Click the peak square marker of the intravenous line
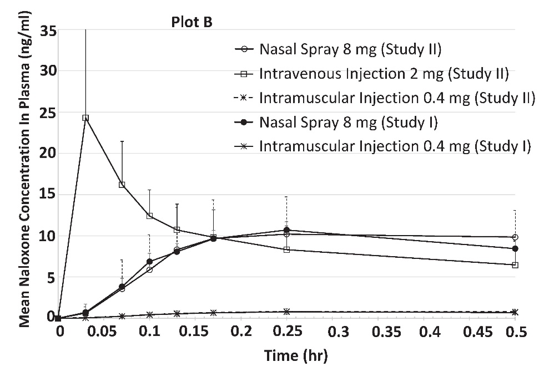[x=85, y=118]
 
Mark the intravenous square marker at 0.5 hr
[x=515, y=265]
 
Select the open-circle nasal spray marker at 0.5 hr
[x=515, y=237]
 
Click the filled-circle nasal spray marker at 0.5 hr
[x=515, y=248]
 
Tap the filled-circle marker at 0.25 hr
[x=286, y=230]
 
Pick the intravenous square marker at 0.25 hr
[x=286, y=249]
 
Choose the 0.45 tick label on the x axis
[x=469, y=332]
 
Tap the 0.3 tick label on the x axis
[x=332, y=332]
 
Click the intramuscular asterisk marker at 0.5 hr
[x=515, y=312]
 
